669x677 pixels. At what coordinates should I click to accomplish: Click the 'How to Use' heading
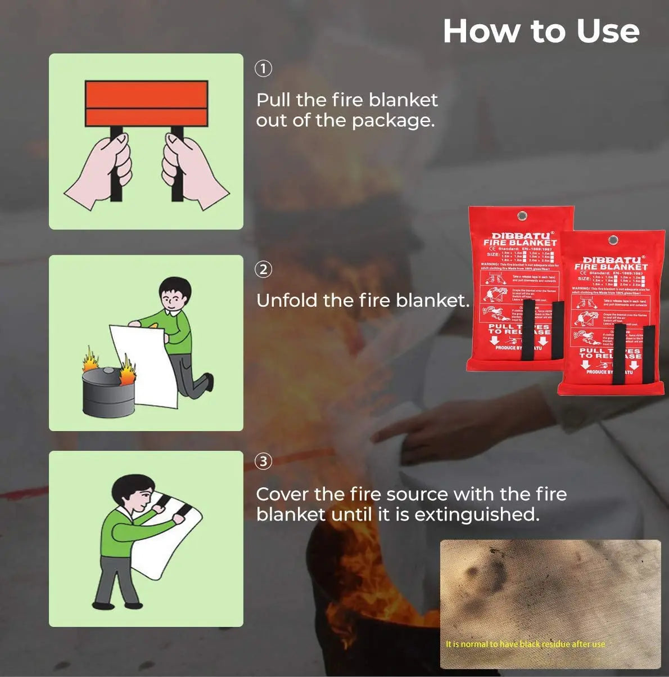pyautogui.click(x=541, y=31)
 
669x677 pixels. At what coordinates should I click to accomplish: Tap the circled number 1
pyautogui.click(x=264, y=69)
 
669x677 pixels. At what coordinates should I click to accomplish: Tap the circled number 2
pyautogui.click(x=264, y=270)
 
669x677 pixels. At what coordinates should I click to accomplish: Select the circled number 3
pyautogui.click(x=264, y=461)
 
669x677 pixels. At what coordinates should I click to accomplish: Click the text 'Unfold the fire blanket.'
pyautogui.click(x=363, y=301)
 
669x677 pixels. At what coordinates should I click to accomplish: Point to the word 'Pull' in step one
pyautogui.click(x=273, y=100)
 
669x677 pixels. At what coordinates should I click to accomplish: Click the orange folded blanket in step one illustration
pyautogui.click(x=146, y=103)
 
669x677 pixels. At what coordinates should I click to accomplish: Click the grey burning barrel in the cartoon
pyautogui.click(x=108, y=392)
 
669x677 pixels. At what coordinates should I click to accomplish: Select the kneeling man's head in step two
pyautogui.click(x=175, y=293)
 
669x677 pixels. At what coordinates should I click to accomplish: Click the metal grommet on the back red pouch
pyautogui.click(x=522, y=217)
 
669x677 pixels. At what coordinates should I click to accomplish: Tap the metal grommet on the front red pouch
pyautogui.click(x=613, y=240)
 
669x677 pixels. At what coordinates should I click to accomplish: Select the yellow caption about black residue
pyautogui.click(x=525, y=644)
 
